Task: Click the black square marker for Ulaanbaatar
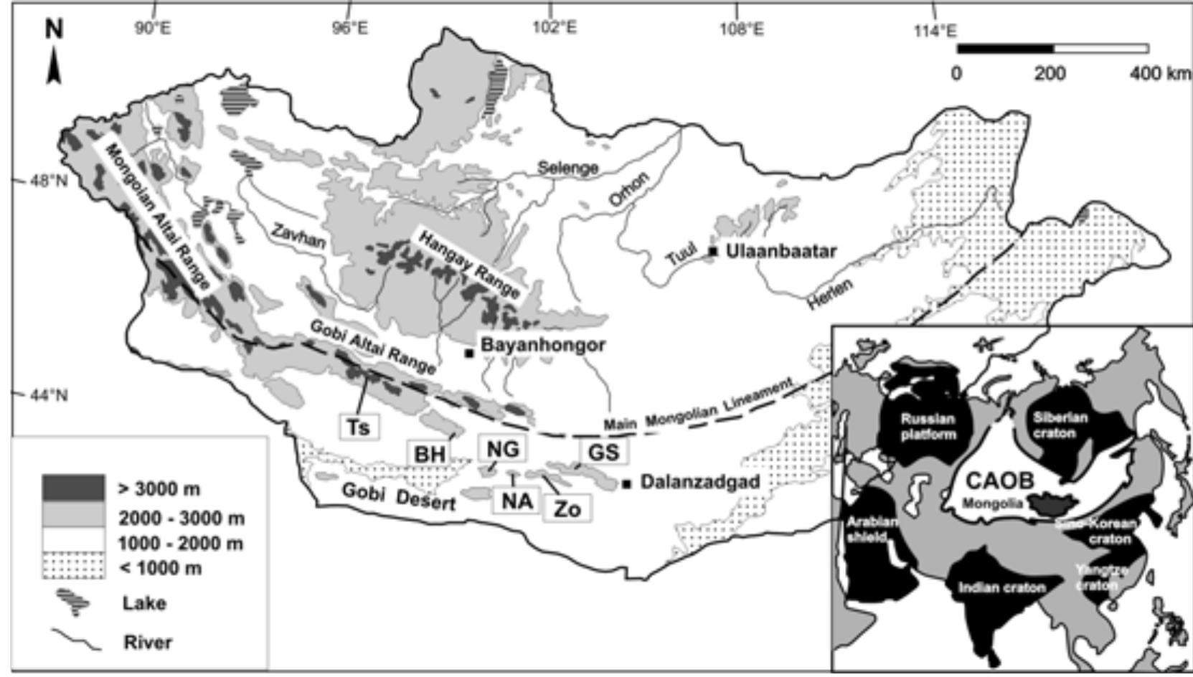click(713, 251)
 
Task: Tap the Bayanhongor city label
click(543, 345)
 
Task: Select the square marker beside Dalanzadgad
click(626, 484)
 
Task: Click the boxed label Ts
click(359, 427)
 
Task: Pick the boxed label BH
click(430, 454)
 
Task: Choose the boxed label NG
click(502, 450)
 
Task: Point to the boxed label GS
click(603, 453)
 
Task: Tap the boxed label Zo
click(567, 509)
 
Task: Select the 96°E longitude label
click(350, 29)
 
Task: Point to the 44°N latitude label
click(49, 395)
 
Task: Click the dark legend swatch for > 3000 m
click(73, 488)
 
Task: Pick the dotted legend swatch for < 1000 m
click(73, 567)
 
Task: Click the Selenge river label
click(568, 168)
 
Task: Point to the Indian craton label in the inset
click(1001, 588)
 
